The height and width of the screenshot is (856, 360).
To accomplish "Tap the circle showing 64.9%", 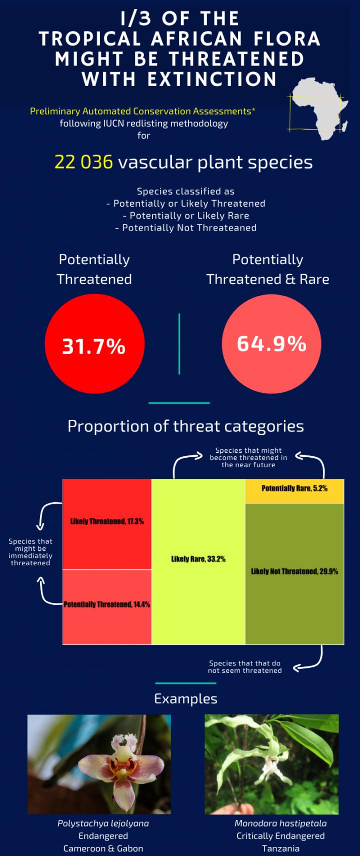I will coord(271,344).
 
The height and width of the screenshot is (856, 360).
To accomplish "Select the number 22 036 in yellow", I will coord(83,162).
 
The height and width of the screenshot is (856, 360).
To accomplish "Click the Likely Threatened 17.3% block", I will coord(107,524).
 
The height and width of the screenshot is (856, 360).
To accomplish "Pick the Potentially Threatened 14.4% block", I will coord(107,606).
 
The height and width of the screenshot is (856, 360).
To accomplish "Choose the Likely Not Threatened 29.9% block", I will coord(294,573).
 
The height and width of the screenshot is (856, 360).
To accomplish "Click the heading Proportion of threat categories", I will coord(185,426).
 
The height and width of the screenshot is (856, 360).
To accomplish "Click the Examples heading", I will coord(185,699).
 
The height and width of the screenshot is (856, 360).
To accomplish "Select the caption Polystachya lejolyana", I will coord(103,823).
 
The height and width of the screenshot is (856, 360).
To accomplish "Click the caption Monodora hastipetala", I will coord(280,823).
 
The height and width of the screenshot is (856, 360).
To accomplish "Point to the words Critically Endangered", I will coord(280,836).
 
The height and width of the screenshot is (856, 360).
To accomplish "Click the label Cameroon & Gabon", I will coord(103,848).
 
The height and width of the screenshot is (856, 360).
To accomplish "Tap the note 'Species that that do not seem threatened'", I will coord(245,667).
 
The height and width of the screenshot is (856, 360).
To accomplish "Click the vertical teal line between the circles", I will coord(179,344).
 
